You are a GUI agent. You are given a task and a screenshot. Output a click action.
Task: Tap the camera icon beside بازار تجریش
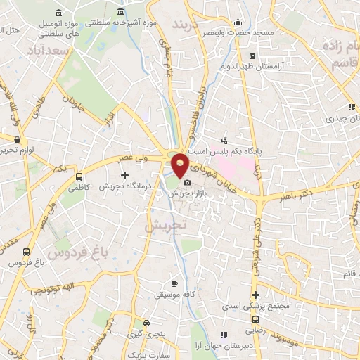tap(187, 183)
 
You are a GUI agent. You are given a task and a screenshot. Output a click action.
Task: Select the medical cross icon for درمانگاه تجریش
tap(124, 174)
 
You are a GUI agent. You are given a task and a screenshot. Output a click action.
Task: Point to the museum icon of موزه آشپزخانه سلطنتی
tap(122, 13)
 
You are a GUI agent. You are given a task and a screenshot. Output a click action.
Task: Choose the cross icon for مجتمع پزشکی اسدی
tap(255, 295)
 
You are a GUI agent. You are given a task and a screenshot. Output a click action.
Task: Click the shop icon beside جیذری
tap(349, 108)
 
